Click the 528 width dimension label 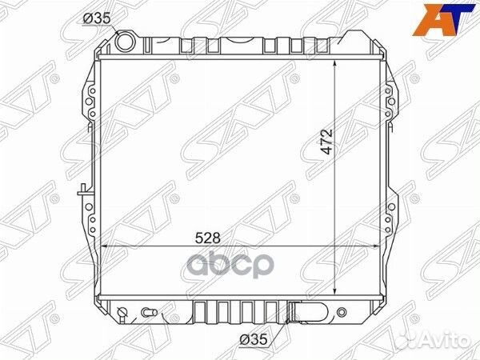[x=208, y=238]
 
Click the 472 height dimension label [x=327, y=142]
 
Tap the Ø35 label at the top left [x=97, y=18]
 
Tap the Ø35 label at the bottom [x=254, y=339]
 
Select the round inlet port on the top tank [x=125, y=42]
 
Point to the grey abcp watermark [x=230, y=265]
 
